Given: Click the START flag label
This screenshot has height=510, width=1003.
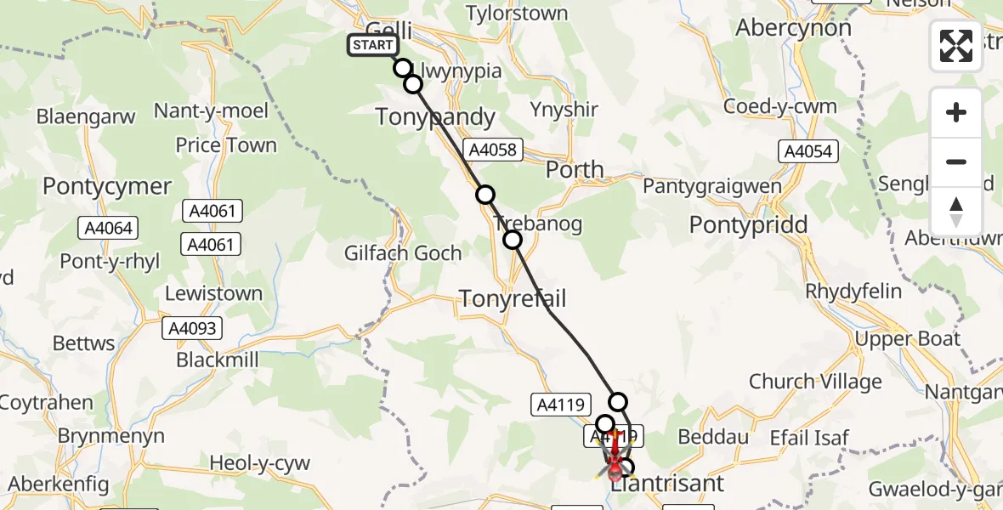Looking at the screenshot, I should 372,45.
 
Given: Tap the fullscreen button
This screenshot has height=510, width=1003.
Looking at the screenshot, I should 956,46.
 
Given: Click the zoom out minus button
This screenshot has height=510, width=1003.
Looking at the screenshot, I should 956,161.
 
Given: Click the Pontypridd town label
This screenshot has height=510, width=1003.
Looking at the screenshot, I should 748,225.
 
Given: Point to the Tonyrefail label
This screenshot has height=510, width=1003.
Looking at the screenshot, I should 513,298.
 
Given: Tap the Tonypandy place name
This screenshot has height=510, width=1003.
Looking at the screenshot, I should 435,117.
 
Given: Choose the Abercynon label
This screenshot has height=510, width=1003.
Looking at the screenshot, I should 793,28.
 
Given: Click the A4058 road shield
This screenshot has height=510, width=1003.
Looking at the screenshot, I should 491,150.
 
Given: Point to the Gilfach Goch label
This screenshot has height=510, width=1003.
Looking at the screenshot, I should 403,253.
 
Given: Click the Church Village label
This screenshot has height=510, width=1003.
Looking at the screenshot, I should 815,382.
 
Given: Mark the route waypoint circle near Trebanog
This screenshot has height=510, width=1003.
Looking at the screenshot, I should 513,240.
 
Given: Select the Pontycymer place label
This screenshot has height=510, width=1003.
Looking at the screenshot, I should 107,187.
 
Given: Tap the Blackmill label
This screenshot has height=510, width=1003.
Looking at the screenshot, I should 218,360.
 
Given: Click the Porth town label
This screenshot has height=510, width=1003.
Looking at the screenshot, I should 575,169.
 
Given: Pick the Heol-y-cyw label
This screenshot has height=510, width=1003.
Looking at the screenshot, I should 260,464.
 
